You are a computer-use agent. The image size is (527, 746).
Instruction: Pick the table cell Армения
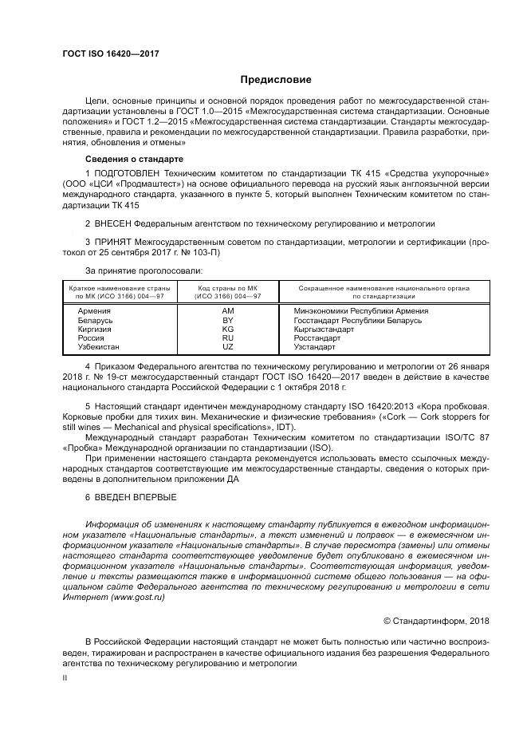tap(90, 311)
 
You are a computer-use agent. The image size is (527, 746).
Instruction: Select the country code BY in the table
tap(228, 320)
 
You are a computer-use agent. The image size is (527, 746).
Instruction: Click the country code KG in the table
tap(228, 329)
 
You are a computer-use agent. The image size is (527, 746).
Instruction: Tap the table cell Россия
tap(89, 338)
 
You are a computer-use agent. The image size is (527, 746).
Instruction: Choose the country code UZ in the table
tap(228, 347)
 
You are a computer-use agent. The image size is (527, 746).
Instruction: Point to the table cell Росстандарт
tap(317, 338)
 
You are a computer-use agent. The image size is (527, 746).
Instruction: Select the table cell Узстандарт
tap(316, 347)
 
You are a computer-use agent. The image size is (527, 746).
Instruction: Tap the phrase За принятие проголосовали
tap(133, 271)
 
